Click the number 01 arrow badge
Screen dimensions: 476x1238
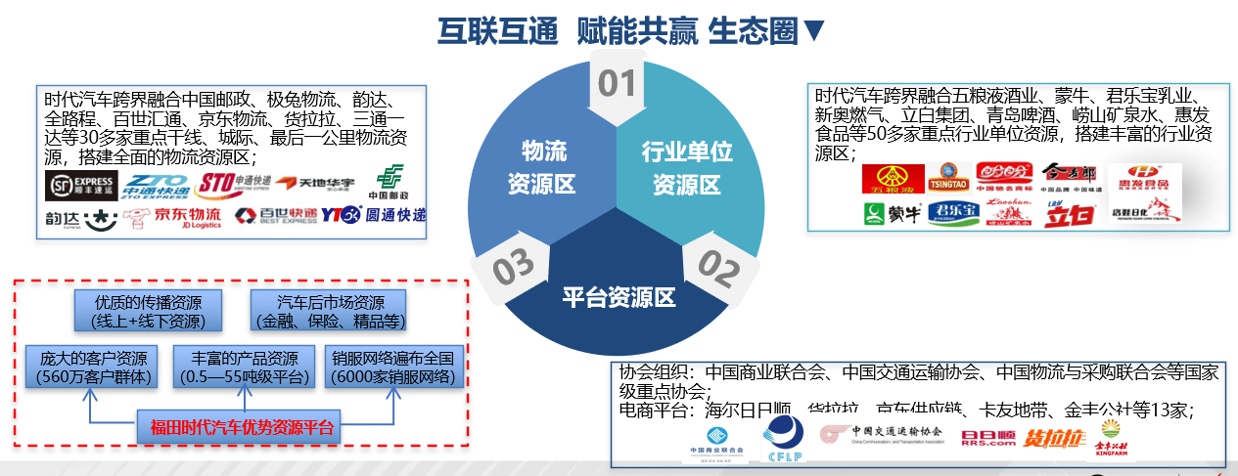[x=617, y=86]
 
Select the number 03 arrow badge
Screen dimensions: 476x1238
[x=511, y=267]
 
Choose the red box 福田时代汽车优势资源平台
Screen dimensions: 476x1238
[x=241, y=427]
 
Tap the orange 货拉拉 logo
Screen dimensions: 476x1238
[x=1055, y=438]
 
